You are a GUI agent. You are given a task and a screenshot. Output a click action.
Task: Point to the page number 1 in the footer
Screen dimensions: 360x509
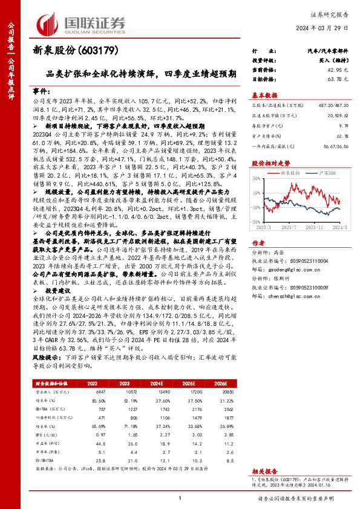pos(180,498)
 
